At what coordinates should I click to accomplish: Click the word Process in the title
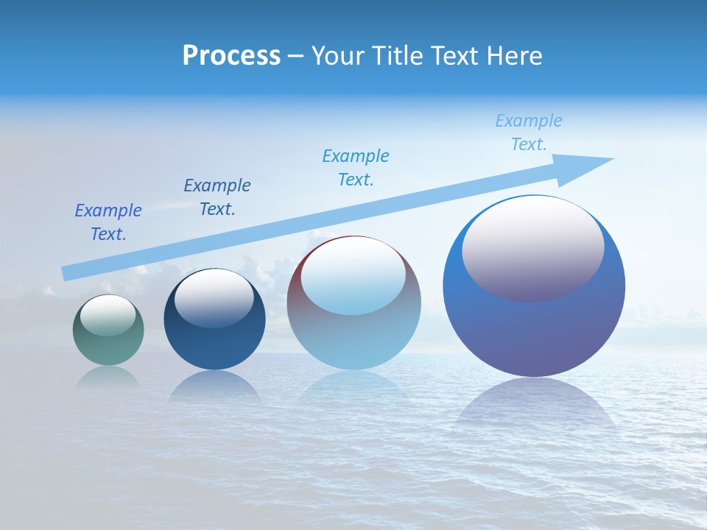click(x=231, y=56)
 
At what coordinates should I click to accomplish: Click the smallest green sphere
click(x=108, y=346)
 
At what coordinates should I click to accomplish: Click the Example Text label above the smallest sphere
click(x=108, y=222)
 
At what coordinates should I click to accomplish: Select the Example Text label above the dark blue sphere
click(x=217, y=197)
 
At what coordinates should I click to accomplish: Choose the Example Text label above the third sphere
click(x=356, y=168)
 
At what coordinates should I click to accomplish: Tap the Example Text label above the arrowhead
click(x=529, y=132)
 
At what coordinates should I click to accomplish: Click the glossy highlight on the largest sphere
click(x=532, y=247)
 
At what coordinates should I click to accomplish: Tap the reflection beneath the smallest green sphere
click(x=108, y=376)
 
